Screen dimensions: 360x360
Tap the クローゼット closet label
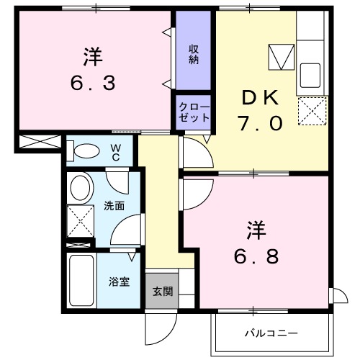pos(194,112)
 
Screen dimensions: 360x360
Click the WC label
pos(116,151)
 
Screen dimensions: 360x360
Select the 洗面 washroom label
pos(114,206)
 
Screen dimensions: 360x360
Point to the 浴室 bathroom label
pos(119,282)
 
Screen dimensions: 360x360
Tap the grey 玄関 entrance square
pos(161,292)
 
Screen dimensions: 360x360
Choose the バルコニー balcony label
pos(271,333)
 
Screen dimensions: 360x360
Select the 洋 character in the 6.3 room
pos(92,55)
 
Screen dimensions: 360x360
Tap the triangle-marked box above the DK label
pos(279,56)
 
